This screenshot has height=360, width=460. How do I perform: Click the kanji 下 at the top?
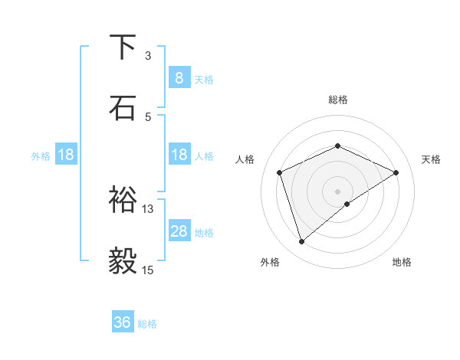[123, 47]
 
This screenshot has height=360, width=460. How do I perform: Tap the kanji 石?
[123, 106]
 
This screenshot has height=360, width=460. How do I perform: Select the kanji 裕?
[123, 200]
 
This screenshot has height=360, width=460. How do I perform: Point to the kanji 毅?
[123, 260]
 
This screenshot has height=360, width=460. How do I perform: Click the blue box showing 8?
[179, 77]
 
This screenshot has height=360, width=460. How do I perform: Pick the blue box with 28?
[179, 231]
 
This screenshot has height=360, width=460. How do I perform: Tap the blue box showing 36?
[123, 322]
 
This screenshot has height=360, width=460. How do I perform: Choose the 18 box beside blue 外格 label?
[66, 155]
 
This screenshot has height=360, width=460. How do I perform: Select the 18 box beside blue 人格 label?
[179, 155]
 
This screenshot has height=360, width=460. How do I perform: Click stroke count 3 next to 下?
[148, 56]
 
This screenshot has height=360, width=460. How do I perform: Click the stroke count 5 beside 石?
[148, 116]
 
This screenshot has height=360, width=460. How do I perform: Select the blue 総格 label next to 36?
[147, 324]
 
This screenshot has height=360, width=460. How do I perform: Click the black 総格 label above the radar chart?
[338, 100]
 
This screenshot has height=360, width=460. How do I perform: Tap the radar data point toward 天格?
[396, 172]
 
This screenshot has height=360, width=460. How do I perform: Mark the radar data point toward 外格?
[302, 242]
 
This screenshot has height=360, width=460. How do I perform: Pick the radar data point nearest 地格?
[347, 204]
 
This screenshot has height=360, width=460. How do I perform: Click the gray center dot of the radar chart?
[338, 191]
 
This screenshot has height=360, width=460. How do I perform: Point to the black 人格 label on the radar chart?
[245, 159]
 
